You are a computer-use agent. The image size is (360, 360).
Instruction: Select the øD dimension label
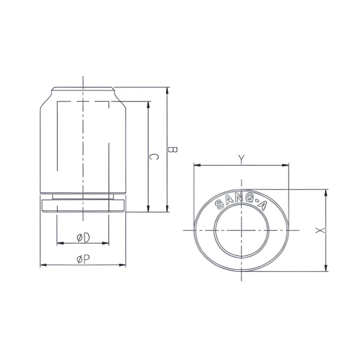point(83,238)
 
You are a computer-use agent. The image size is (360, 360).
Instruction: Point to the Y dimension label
point(241,160)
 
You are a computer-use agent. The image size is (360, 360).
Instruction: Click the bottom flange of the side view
point(83,206)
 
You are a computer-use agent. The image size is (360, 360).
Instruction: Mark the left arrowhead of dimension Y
point(196,165)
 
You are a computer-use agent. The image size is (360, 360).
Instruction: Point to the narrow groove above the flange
point(83,196)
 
